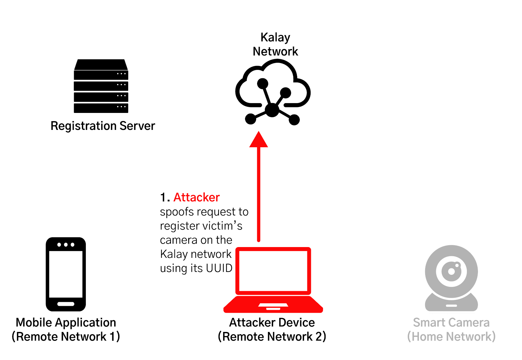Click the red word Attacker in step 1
pos(196,197)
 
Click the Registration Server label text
pos(103,126)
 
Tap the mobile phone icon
pos(66,274)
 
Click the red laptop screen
pos(273,271)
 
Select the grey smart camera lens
pos(452,271)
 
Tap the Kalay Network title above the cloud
pos(275,44)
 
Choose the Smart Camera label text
pos(451,322)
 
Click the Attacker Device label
pos(272,322)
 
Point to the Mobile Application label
pos(66,322)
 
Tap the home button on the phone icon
pos(66,304)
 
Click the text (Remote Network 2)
pos(272,337)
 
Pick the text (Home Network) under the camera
pos(451,337)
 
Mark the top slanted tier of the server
pos(101,65)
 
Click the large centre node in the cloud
pos(272,110)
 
